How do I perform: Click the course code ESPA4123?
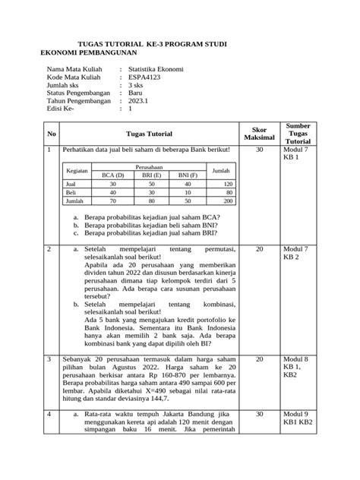(146, 77)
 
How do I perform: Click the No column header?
(52, 134)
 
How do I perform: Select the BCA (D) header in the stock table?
(112, 175)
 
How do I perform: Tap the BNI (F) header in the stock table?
(188, 175)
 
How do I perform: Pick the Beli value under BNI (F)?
(188, 194)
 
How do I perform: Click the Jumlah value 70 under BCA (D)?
(112, 202)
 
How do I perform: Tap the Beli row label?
(71, 194)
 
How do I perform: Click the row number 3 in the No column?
(49, 358)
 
